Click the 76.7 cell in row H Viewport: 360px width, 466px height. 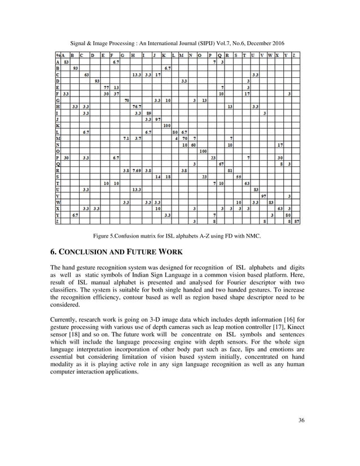137,105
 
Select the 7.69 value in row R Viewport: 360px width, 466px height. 137,170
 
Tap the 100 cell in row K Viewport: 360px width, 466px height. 167,125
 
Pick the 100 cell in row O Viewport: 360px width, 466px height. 204,151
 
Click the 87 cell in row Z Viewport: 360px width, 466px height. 297,221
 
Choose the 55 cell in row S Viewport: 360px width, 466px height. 239,177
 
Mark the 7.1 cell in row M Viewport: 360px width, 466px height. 125,138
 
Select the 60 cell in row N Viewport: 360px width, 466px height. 194,144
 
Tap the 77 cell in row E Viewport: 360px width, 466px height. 106,87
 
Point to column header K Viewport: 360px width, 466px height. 164,55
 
